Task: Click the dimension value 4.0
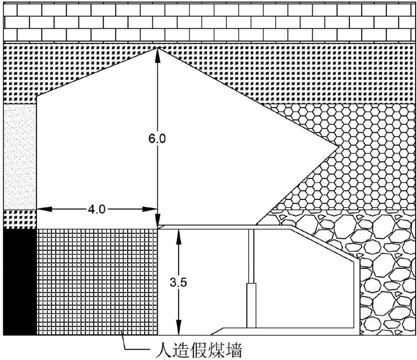point(97,209)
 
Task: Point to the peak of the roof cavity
point(157,47)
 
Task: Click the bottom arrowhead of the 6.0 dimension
point(157,222)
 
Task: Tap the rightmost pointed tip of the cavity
point(338,147)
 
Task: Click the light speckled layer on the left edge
point(19,156)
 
